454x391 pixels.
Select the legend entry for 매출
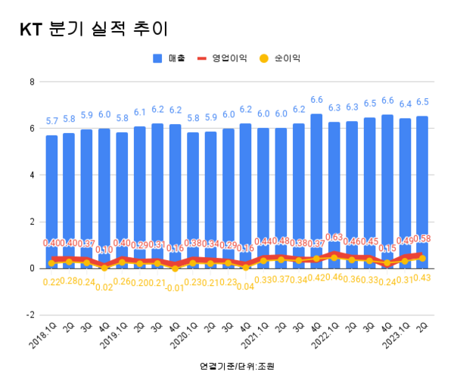166,58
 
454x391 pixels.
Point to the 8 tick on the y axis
33,82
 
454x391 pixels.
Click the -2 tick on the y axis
30,315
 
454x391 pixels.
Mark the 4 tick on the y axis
33,175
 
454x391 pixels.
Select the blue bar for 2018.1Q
51,197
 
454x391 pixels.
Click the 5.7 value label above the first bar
51,121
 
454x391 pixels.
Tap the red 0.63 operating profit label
334,237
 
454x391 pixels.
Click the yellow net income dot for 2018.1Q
51,263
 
